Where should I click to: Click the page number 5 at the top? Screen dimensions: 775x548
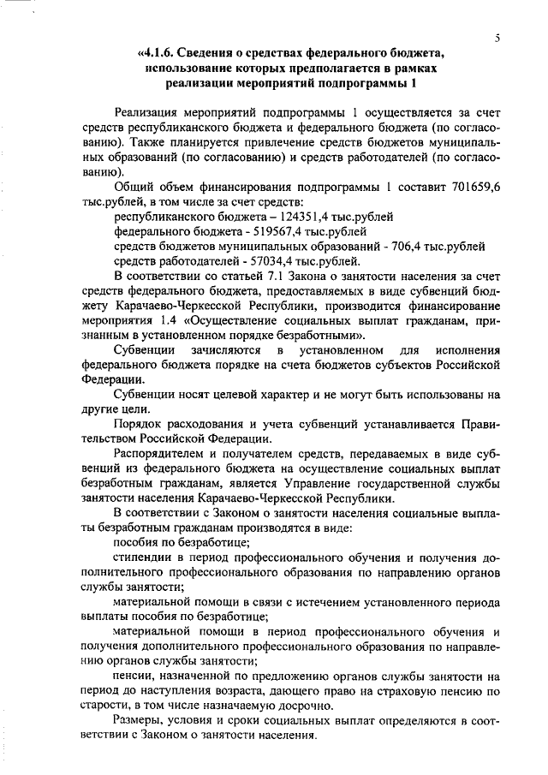497,38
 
